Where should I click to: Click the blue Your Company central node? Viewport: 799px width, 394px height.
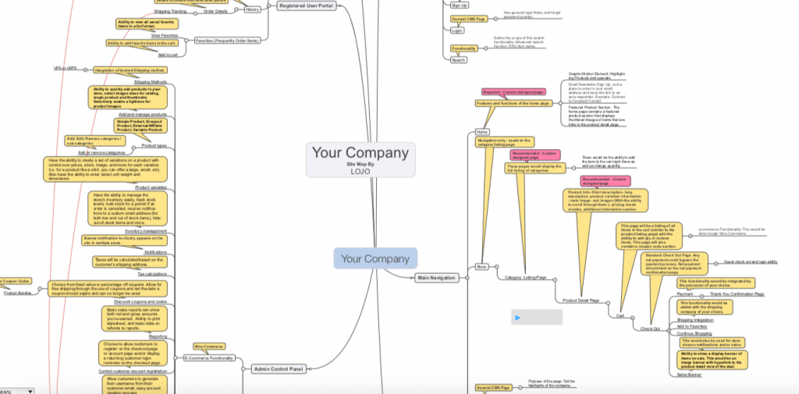pyautogui.click(x=375, y=258)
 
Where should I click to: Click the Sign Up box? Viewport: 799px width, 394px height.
pyautogui.click(x=460, y=5)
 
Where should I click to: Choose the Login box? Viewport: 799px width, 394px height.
pyautogui.click(x=458, y=30)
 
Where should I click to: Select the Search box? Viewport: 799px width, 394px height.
pyautogui.click(x=459, y=59)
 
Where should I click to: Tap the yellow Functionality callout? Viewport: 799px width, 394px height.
pyautogui.click(x=463, y=48)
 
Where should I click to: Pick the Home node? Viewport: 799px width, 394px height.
pyautogui.click(x=482, y=132)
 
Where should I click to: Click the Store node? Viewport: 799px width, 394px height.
pyautogui.click(x=481, y=267)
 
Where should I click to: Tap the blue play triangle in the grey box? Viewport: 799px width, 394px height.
pyautogui.click(x=517, y=318)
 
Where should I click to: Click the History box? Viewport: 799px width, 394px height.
pyautogui.click(x=253, y=9)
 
